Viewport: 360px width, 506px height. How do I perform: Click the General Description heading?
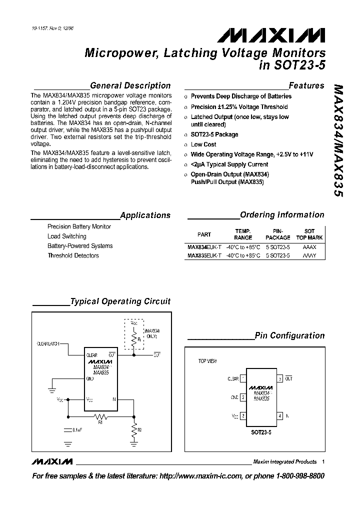[x=130, y=85]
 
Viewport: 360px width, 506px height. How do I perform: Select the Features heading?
[x=306, y=85]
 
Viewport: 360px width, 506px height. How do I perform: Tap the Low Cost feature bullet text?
[x=204, y=144]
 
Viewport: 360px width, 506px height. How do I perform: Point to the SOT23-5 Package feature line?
[x=214, y=134]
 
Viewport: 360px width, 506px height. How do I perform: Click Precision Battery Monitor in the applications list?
[x=79, y=226]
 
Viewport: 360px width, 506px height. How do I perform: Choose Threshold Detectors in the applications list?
[x=73, y=255]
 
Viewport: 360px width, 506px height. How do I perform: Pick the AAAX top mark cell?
[x=309, y=247]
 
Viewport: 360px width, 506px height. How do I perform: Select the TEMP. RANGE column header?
[x=243, y=234]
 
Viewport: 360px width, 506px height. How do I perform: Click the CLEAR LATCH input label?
[x=48, y=344]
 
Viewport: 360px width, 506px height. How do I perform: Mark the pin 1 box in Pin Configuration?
[x=243, y=379]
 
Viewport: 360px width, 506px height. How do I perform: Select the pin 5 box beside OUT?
[x=280, y=379]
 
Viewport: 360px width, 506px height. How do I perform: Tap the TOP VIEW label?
[x=207, y=360]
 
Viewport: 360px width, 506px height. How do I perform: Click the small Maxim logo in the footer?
[x=52, y=461]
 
